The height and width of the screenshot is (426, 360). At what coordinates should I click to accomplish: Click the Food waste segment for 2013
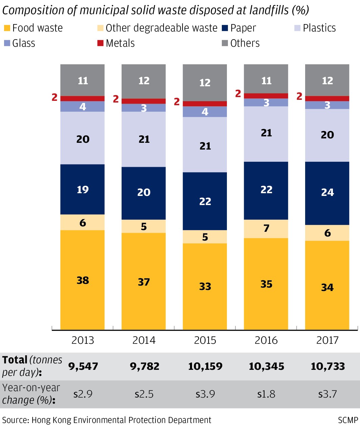[x=82, y=280]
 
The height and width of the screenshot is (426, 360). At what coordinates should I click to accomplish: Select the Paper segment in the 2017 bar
[x=327, y=193]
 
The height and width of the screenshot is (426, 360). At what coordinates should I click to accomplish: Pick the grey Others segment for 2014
[x=144, y=81]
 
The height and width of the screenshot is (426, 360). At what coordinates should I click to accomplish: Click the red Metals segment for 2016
[x=266, y=96]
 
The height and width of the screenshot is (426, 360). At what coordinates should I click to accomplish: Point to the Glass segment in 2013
[x=82, y=107]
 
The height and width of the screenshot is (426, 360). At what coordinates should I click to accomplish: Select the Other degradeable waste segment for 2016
[x=266, y=229]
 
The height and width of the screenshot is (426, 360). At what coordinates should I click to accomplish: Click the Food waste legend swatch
[x=7, y=28]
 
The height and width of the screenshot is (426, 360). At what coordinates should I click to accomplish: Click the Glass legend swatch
[x=7, y=43]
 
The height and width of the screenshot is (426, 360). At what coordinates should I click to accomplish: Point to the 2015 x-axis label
[x=205, y=340]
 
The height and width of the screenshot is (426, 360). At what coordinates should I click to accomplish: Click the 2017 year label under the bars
[x=327, y=340]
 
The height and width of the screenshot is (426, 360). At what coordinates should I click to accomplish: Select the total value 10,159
[x=205, y=366]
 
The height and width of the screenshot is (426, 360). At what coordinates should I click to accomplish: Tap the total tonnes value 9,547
[x=83, y=366]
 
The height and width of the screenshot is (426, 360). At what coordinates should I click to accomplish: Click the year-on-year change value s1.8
[x=266, y=394]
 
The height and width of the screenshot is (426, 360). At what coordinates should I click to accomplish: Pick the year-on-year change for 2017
[x=327, y=394]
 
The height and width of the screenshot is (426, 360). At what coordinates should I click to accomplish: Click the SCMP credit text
[x=348, y=420]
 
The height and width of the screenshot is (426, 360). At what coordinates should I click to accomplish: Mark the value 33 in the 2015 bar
[x=205, y=287]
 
